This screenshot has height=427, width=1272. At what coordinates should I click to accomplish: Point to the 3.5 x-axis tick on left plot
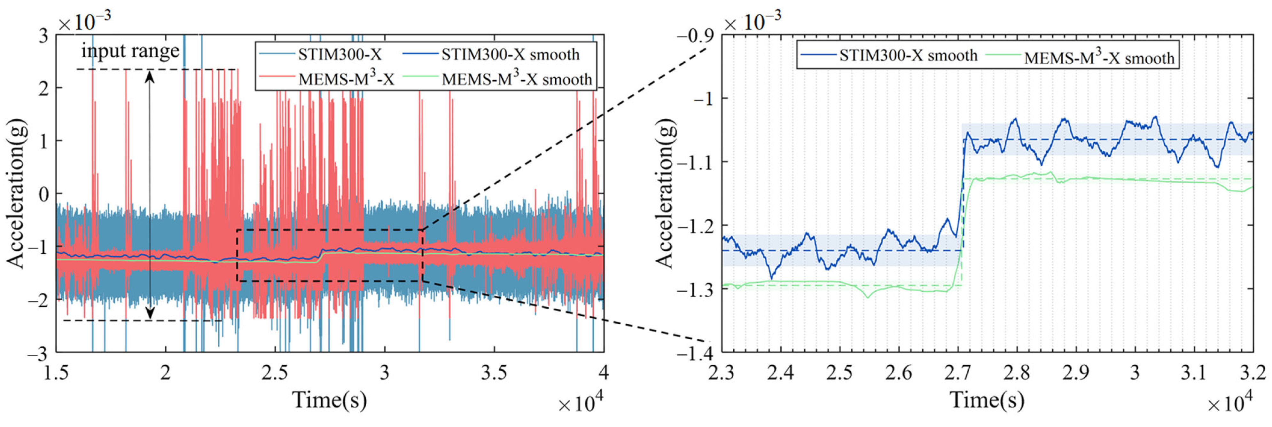pyautogui.click(x=494, y=372)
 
